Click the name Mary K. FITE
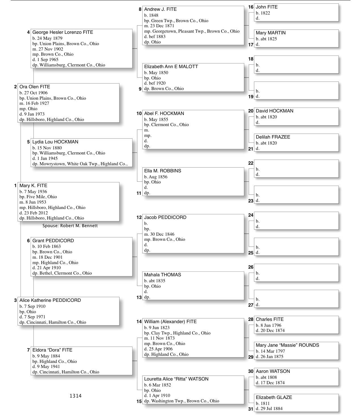point(33,186)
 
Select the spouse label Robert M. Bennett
point(70,226)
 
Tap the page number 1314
point(75,396)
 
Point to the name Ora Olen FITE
point(35,87)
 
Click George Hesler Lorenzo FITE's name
point(63,32)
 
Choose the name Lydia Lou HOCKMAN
point(55,142)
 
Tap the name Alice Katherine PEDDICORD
point(50,300)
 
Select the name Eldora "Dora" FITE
point(52,350)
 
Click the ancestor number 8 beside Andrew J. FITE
point(140,9)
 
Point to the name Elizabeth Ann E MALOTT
point(171,67)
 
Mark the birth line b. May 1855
point(156,120)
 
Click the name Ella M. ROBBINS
point(163,171)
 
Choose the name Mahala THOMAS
point(163,275)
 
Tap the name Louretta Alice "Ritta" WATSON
point(176,379)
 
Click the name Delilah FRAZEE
point(273,137)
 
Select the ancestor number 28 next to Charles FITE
point(251,319)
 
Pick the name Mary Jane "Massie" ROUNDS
point(287,345)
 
